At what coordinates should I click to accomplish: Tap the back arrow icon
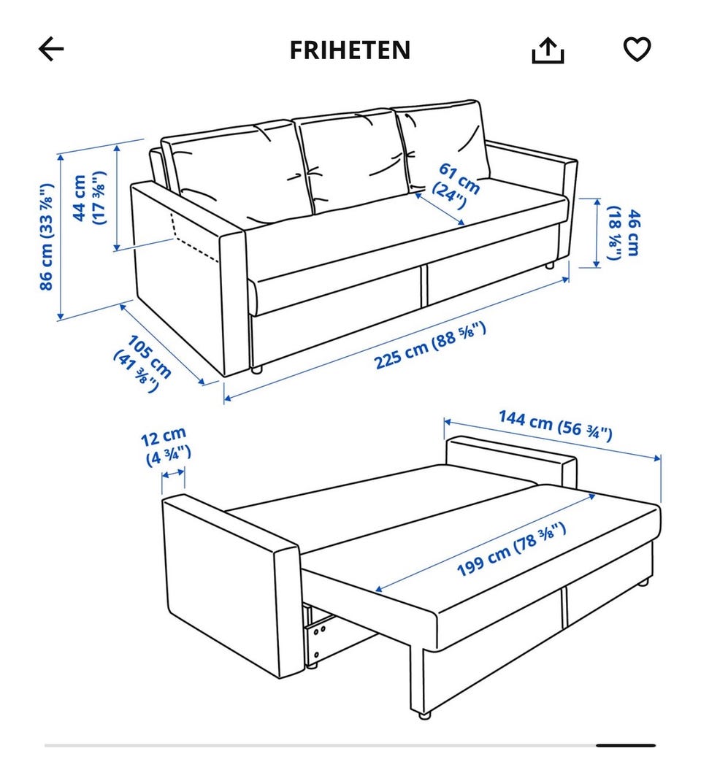click(x=51, y=49)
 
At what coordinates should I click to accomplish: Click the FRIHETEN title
click(x=350, y=50)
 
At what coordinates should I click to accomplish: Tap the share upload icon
click(x=548, y=50)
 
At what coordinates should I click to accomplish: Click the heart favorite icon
click(x=637, y=49)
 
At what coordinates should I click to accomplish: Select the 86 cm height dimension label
click(x=46, y=236)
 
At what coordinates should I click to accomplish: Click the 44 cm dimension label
click(x=88, y=198)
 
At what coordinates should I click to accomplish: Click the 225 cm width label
click(x=430, y=345)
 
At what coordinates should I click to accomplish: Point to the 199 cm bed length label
click(x=511, y=550)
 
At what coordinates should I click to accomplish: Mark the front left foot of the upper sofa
click(x=257, y=370)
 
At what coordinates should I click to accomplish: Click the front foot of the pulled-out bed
click(x=424, y=715)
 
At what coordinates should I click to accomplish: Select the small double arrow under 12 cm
click(x=173, y=474)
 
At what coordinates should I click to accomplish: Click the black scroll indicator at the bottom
click(x=625, y=745)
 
